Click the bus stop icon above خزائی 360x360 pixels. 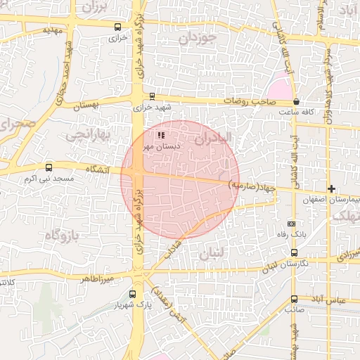[117, 27]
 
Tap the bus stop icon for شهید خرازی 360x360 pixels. [153, 96]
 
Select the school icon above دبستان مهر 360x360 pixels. [161, 134]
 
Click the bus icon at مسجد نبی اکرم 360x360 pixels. [49, 168]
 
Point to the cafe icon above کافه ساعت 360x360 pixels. [297, 101]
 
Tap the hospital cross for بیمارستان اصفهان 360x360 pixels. [332, 189]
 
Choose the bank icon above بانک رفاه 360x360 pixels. [292, 223]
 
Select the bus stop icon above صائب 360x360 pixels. [294, 299]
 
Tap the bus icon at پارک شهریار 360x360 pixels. [133, 295]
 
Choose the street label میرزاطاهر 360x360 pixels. [97, 278]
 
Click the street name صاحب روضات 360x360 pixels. [248, 102]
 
